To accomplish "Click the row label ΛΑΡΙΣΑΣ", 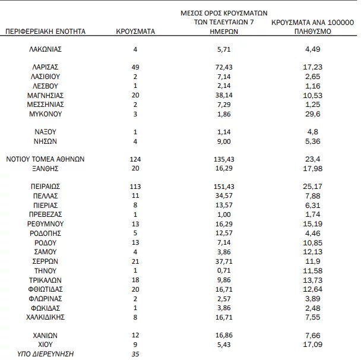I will click(46, 67).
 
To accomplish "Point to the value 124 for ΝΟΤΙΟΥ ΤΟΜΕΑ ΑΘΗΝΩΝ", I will click(135, 159).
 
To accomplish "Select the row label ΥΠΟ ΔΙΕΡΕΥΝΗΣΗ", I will click(46, 354).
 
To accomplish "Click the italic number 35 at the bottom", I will click(135, 354).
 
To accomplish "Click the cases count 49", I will click(135, 67).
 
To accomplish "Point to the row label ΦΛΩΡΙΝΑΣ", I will click(46, 298).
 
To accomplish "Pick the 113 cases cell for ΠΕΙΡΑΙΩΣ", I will click(135, 186).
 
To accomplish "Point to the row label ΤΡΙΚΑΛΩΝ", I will click(46, 279).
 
